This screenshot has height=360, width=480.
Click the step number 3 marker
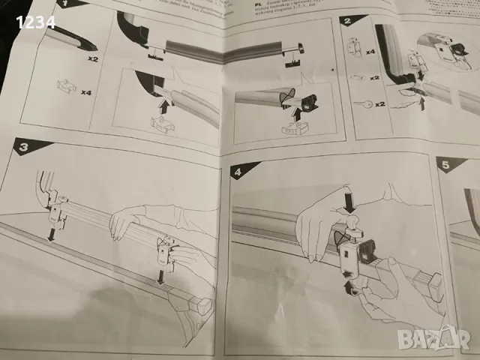click(x=22, y=148)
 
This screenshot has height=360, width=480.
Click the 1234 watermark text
click(x=35, y=22)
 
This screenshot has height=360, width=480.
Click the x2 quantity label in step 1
click(x=94, y=57)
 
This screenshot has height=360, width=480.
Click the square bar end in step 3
click(x=200, y=304)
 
